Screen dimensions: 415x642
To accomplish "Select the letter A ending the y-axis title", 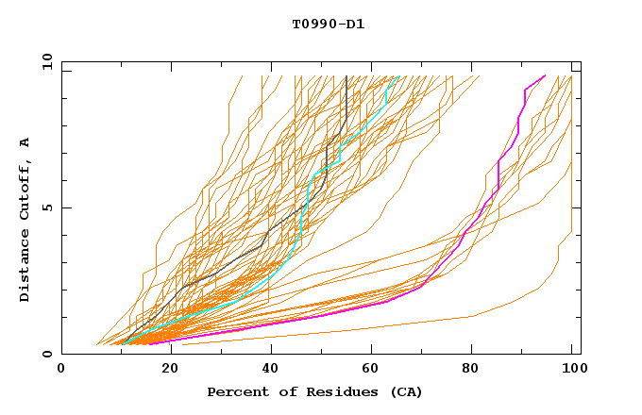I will click(25, 142).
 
